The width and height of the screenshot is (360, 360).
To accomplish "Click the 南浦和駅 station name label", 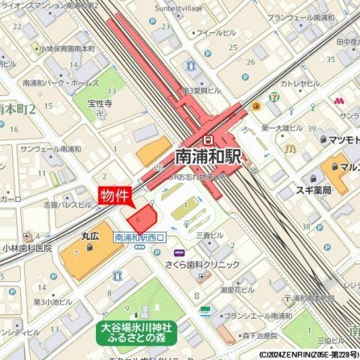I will click(x=208, y=156).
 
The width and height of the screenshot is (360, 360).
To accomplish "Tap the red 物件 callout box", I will click(x=115, y=195).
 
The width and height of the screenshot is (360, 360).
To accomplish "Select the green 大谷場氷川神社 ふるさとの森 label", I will click(x=136, y=332).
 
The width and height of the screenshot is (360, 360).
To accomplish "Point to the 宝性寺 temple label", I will click(x=100, y=103).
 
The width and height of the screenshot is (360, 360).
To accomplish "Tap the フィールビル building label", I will click(x=216, y=33).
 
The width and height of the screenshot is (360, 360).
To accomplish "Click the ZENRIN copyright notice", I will click(x=309, y=355).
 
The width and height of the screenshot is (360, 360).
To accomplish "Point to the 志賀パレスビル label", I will click(x=67, y=204).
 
